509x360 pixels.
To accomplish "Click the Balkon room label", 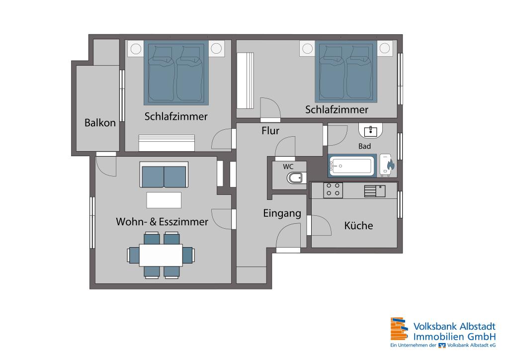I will (100, 123).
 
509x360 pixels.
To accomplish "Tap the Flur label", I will (270, 131).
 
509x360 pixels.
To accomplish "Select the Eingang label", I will (282, 214).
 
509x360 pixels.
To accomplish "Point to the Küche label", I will (358, 226).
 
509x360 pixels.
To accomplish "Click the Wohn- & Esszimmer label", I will (162, 222).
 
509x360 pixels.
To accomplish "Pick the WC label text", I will (288, 166).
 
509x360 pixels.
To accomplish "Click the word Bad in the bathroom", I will (365, 146).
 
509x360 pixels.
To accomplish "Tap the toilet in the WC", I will (296, 179).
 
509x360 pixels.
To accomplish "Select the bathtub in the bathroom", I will (351, 166).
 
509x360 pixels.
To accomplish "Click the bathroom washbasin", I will (370, 130).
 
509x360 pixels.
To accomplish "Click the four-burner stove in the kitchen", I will (333, 189).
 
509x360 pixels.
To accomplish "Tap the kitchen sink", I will (374, 190).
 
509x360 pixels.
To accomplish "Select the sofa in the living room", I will (164, 175).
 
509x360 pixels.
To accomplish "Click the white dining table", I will (161, 255).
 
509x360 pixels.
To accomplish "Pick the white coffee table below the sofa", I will (164, 199).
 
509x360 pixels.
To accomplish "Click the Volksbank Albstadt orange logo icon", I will (400, 330).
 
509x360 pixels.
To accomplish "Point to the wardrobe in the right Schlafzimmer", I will (246, 81).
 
